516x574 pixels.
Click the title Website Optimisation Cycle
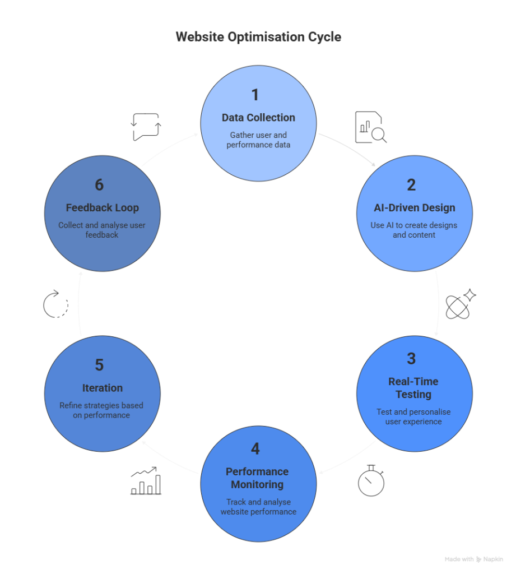tap(258, 37)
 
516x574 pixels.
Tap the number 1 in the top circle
tap(255, 95)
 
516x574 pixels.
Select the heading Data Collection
tap(258, 118)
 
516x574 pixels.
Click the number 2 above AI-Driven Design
tap(411, 185)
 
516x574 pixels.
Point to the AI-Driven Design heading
tap(414, 207)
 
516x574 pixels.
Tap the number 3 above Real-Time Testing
tap(411, 359)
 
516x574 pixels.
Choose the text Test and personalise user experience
tap(413, 416)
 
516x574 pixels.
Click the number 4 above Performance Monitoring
tap(255, 449)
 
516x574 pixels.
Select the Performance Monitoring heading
tap(257, 478)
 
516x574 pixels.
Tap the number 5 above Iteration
tap(99, 365)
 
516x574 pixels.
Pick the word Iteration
tap(103, 388)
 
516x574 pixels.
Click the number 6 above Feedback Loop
tap(99, 185)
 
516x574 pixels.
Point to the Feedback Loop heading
tap(103, 207)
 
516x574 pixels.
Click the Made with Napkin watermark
tap(474, 559)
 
